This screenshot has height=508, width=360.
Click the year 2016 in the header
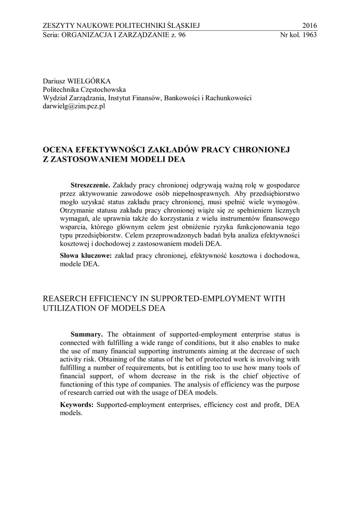click(x=309, y=26)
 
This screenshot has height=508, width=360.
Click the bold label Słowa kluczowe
click(x=86, y=255)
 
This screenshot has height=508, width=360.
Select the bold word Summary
click(x=87, y=334)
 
